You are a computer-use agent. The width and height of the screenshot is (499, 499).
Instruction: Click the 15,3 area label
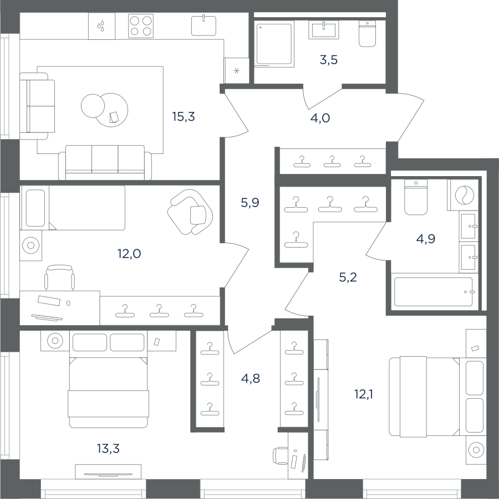tap(183, 117)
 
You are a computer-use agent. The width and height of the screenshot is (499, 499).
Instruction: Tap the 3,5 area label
tap(329, 60)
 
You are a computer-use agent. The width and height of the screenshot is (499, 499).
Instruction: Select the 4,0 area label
tap(320, 118)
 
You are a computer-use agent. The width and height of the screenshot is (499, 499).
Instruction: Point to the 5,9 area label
tap(250, 202)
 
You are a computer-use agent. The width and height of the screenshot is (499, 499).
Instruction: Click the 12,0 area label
tap(129, 254)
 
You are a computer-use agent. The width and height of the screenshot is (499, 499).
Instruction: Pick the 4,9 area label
tap(426, 238)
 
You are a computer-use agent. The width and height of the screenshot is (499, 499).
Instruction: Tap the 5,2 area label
tap(348, 277)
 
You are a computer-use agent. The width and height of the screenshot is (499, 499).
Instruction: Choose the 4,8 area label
tap(251, 378)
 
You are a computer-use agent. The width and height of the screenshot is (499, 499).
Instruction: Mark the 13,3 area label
tap(108, 449)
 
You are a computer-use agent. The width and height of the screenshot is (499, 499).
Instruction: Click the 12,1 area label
tap(364, 395)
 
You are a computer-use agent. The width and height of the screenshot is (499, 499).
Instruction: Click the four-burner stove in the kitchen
tap(140, 26)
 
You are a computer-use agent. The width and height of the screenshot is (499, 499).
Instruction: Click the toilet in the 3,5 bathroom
tap(368, 34)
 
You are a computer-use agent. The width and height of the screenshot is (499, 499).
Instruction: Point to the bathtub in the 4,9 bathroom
tap(434, 292)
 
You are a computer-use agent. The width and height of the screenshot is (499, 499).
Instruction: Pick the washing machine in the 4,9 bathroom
tap(462, 195)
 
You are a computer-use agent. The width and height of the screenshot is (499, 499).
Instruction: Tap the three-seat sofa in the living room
tap(105, 163)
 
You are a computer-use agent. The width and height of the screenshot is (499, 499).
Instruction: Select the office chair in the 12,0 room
tap(59, 277)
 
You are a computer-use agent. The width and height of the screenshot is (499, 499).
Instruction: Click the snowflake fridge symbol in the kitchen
tap(236, 70)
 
